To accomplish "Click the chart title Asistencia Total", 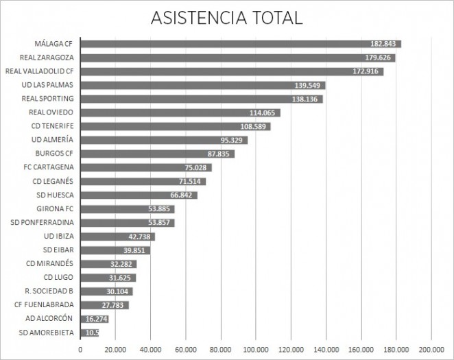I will point(226,17).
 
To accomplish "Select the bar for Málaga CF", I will point(240,44).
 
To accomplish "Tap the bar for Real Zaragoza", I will point(237,58).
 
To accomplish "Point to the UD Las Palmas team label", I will point(47,85).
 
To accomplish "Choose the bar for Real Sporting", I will point(201,99).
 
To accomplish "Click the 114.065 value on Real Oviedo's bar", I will point(264,112).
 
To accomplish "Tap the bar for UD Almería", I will point(163,140).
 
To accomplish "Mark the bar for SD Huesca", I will point(139,195).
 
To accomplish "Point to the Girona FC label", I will point(55,208).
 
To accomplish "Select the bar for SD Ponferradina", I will point(127,223).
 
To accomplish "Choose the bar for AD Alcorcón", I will point(95,319).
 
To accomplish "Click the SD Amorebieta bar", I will point(90,333).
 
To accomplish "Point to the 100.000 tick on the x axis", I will point(256,349).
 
